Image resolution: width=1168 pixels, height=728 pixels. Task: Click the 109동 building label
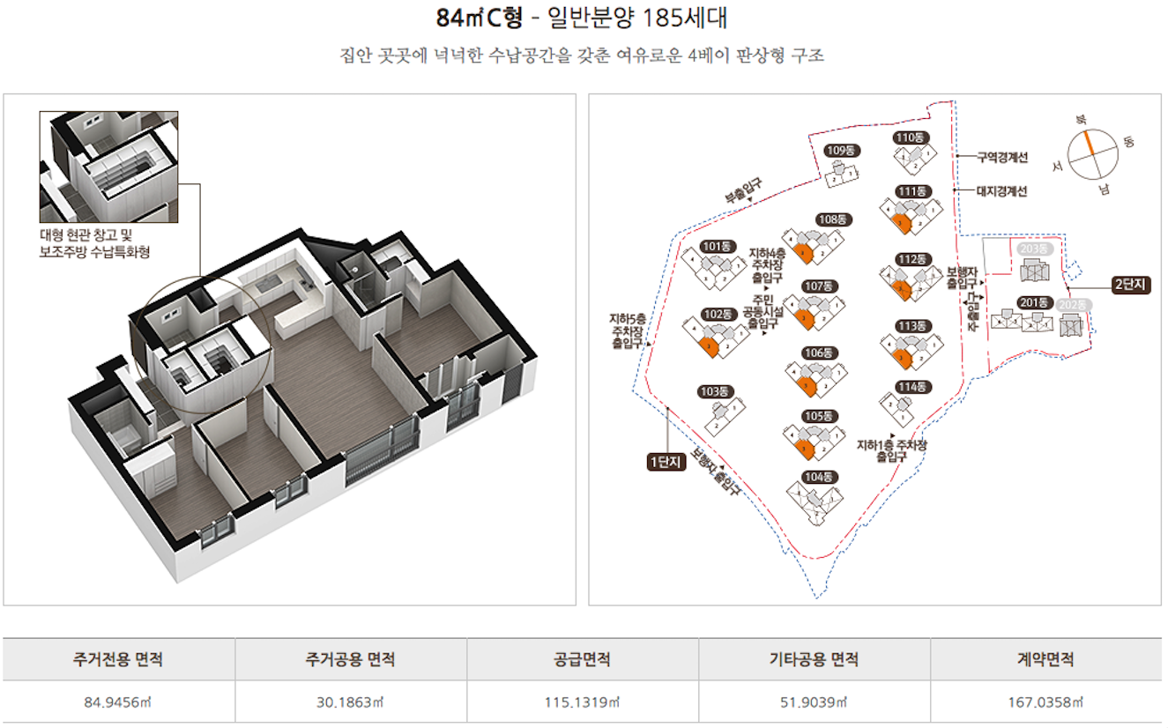841,151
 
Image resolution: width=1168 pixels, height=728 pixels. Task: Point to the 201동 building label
1032,302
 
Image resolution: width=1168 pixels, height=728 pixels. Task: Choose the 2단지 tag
1130,284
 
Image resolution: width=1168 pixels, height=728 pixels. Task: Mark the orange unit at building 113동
899,357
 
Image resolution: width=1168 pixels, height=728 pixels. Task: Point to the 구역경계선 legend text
1001,158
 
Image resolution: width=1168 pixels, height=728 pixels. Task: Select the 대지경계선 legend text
1001,190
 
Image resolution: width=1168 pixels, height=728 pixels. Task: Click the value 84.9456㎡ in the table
118,702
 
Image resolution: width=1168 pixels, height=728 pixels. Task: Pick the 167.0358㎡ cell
1045,702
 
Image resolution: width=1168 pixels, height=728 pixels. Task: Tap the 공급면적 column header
582,659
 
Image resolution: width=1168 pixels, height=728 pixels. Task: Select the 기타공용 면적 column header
814,659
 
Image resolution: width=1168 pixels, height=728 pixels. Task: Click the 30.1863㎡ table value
350,702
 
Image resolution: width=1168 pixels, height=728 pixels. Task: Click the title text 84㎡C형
480,19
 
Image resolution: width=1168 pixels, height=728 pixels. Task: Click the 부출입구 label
743,191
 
